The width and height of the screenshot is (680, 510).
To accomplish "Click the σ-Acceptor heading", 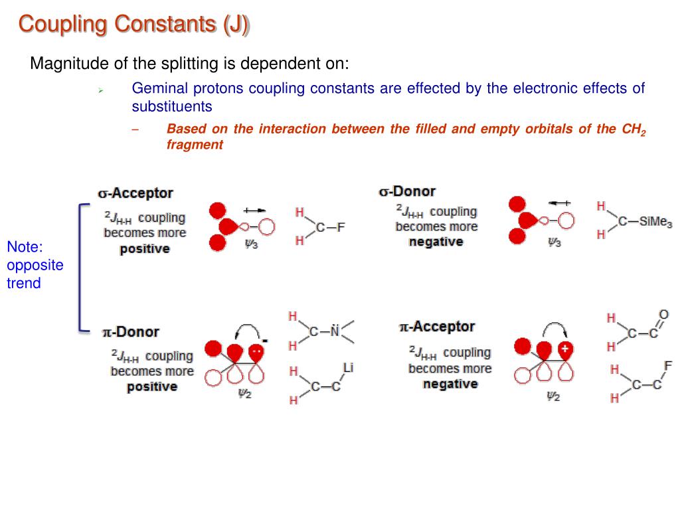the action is tap(135, 193).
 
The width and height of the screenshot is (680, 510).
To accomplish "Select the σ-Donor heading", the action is tap(407, 192).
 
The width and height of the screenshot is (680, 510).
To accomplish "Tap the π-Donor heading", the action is tap(130, 331).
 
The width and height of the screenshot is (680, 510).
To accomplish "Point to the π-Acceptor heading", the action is tap(437, 327).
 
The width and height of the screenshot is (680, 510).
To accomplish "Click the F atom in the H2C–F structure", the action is tap(341, 228).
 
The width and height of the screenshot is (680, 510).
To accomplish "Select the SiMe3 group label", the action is tap(655, 222).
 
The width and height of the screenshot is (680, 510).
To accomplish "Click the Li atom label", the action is tap(348, 367).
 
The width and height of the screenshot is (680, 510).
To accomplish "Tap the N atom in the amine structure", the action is tap(335, 330).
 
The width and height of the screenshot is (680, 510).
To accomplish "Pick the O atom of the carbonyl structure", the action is tap(663, 315).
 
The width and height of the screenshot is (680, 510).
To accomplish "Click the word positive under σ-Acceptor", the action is tap(145, 249).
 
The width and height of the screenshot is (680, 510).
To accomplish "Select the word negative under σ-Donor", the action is tap(436, 242).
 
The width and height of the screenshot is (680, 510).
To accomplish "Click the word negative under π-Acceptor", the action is tap(450, 384).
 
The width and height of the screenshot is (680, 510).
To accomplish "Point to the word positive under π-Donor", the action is tap(152, 386).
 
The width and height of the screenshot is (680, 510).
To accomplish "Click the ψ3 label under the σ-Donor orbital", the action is tap(554, 243).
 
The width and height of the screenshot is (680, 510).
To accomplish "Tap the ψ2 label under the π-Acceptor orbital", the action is tap(553, 396).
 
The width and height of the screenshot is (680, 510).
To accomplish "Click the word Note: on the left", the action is tap(25, 248).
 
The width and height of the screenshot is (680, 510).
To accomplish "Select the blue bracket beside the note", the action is tap(82, 266).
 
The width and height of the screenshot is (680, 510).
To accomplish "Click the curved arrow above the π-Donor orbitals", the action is tap(246, 329).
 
